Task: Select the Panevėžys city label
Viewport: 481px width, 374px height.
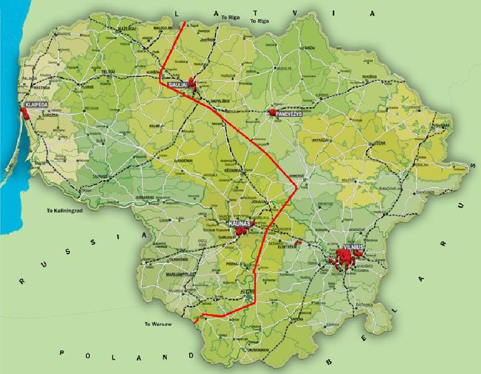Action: point(290,115)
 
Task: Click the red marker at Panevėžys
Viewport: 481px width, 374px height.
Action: point(273,112)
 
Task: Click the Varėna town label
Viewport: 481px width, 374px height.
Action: point(297,319)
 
